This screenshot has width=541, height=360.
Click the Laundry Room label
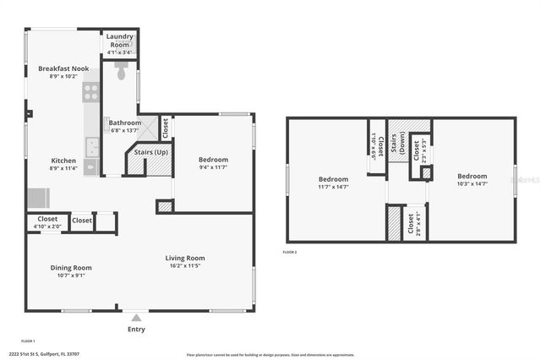120,41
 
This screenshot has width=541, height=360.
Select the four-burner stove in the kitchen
90,91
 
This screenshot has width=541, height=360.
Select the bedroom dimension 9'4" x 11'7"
213,167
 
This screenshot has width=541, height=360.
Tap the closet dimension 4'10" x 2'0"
46,226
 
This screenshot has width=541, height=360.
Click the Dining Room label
70,268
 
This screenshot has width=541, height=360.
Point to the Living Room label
185,259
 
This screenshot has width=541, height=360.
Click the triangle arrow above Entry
136,319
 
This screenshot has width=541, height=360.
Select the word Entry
136,329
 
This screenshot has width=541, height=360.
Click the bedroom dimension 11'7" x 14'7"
333,188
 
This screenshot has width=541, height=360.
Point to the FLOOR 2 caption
290,252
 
